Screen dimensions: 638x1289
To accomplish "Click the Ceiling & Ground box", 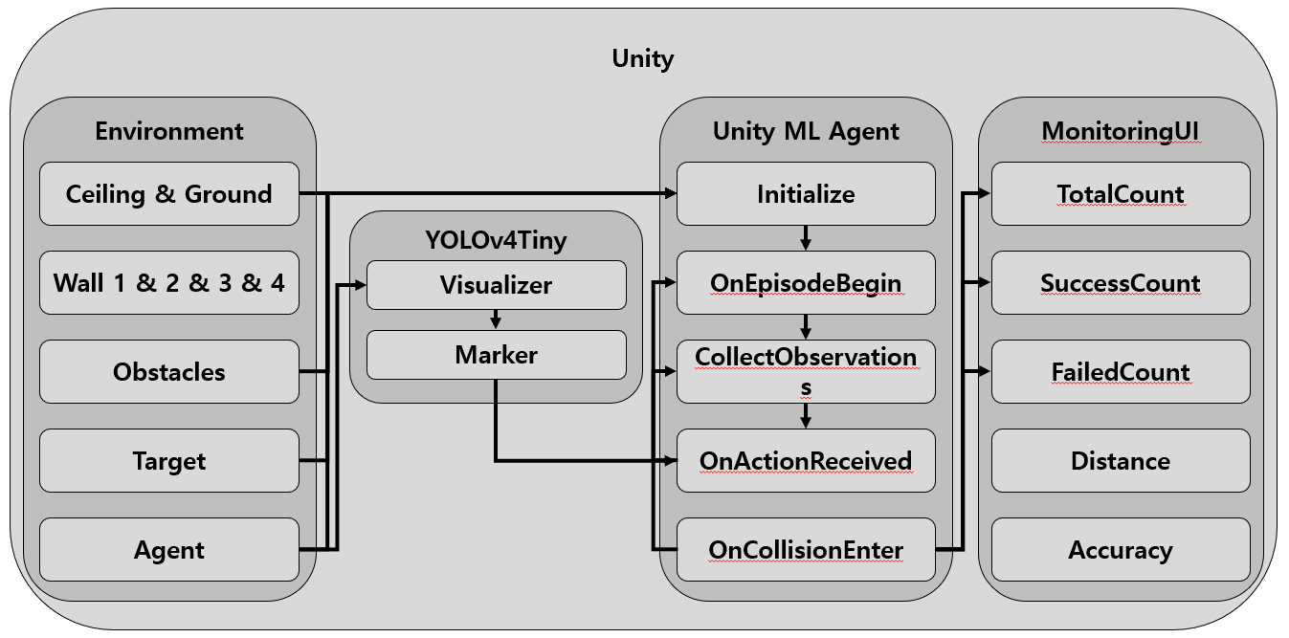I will pos(169,194).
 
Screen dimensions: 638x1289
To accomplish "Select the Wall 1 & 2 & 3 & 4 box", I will pos(169,283).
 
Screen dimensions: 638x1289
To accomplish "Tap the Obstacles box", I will pos(169,372).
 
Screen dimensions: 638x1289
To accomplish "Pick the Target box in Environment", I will pos(169,461).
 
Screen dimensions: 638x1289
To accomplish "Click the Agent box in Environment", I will pos(169,550).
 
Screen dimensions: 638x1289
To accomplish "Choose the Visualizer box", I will pos(496,285).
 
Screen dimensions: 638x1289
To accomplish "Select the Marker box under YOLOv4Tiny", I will pos(496,355).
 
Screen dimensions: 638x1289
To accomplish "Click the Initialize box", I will pos(806,194).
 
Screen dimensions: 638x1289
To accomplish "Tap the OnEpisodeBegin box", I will pos(806,283).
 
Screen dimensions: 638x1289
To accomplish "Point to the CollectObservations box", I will pos(806,371).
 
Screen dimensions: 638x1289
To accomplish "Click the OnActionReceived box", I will pos(806,461).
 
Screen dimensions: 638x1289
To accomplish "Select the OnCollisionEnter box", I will pos(806,550).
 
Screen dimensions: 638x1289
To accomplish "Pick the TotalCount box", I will pos(1121,194).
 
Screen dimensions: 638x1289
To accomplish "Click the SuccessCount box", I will pos(1121,283).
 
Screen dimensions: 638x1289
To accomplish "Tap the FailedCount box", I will pos(1121,372).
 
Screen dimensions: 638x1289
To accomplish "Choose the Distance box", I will pos(1121,461).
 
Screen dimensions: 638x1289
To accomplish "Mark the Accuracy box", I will pos(1121,550).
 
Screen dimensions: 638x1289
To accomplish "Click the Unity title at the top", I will pos(643,58).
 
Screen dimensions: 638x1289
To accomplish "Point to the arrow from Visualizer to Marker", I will pos(496,319).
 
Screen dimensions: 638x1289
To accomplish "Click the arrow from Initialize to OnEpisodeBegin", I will pos(806,238).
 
